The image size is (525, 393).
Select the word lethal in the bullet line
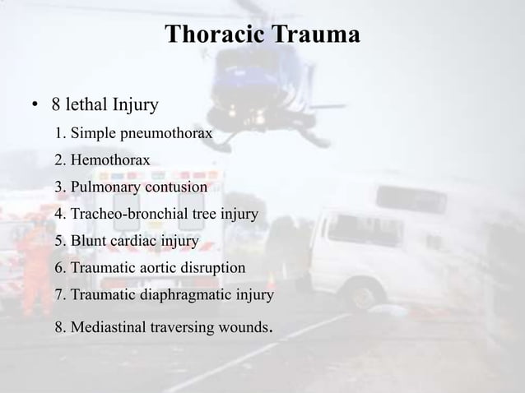[92, 105]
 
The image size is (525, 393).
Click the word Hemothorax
[110, 160]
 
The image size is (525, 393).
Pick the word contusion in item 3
[174, 187]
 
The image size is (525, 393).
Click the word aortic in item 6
[161, 268]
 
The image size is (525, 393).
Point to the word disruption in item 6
[215, 268]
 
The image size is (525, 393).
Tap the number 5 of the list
[59, 242]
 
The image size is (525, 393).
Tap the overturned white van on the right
[403, 243]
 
